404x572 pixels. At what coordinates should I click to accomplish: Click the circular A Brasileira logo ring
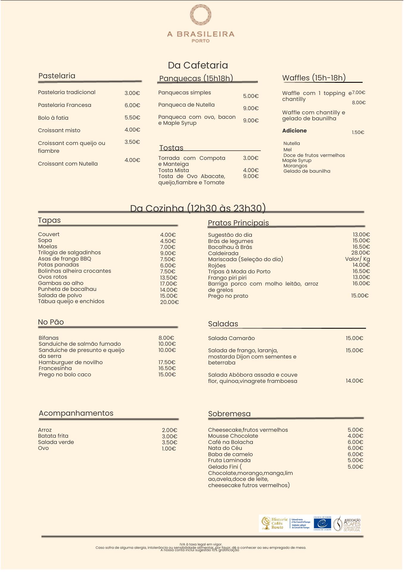pyautogui.click(x=201, y=15)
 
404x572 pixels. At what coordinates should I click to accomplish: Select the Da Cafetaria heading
pyautogui.click(x=198, y=65)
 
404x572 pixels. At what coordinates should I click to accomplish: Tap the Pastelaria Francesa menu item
pyautogui.click(x=65, y=105)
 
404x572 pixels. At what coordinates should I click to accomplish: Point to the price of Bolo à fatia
pyautogui.click(x=132, y=118)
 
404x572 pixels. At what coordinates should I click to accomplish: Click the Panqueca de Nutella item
pyautogui.click(x=186, y=105)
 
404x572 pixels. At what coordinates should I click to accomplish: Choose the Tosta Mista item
pyautogui.click(x=174, y=170)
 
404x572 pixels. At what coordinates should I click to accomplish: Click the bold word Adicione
pyautogui.click(x=294, y=131)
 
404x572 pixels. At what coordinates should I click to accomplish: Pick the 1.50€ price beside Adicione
pyautogui.click(x=358, y=133)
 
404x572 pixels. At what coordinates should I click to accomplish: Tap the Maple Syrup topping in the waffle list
pyautogui.click(x=297, y=160)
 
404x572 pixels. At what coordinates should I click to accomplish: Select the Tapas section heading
pyautogui.click(x=49, y=220)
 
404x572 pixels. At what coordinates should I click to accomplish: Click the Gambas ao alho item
pyautogui.click(x=61, y=283)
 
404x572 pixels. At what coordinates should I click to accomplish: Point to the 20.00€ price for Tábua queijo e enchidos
pyautogui.click(x=169, y=302)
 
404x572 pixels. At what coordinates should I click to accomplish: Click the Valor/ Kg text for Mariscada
pyautogui.click(x=357, y=259)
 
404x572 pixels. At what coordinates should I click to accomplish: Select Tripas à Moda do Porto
pyautogui.click(x=239, y=272)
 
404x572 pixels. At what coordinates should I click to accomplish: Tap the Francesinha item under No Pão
pyautogui.click(x=55, y=368)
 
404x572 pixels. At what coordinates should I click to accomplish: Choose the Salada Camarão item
pyautogui.click(x=231, y=338)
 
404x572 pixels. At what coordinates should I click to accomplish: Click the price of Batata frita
pyautogui.click(x=169, y=437)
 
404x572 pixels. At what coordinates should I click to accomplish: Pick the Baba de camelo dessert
pyautogui.click(x=230, y=454)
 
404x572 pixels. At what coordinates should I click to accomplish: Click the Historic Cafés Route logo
pyautogui.click(x=275, y=523)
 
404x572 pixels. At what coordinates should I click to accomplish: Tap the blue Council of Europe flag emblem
pyautogui.click(x=322, y=523)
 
